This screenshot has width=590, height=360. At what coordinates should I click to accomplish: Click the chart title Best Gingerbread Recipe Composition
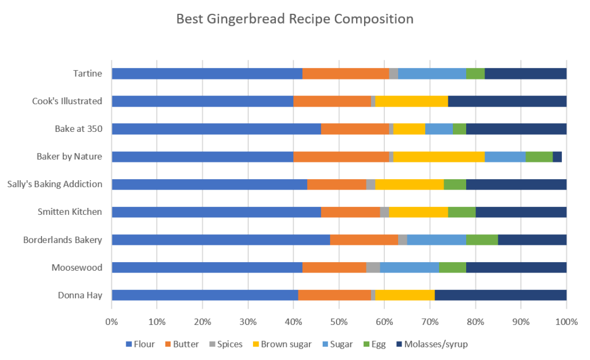click(x=294, y=19)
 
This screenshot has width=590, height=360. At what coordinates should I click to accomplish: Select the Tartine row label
click(x=88, y=73)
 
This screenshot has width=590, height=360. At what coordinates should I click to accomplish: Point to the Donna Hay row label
click(x=80, y=295)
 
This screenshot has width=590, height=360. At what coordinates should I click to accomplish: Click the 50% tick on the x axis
click(x=339, y=321)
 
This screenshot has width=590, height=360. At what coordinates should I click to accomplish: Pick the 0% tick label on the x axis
click(x=111, y=321)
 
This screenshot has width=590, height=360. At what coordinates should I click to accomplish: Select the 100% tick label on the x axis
click(x=566, y=321)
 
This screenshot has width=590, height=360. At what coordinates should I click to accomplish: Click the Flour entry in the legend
click(x=140, y=344)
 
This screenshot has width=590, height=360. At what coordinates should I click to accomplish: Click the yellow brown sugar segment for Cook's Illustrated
click(x=411, y=101)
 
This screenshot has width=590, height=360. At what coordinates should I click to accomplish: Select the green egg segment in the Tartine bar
click(x=475, y=74)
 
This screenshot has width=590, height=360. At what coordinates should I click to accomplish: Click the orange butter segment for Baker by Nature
click(x=341, y=157)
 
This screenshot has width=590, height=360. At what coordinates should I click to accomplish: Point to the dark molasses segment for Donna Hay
click(x=500, y=295)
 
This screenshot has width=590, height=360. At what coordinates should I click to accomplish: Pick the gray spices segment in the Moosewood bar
click(x=373, y=267)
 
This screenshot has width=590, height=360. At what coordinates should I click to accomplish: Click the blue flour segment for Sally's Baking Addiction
click(x=209, y=184)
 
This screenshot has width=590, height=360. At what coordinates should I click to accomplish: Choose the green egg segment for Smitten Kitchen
click(x=462, y=212)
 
